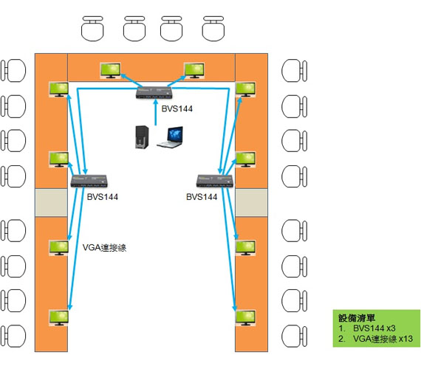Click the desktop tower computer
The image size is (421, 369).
(142, 137)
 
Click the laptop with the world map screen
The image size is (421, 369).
(171, 137)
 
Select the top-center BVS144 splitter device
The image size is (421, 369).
(154, 92)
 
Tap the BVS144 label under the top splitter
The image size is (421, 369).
(177, 108)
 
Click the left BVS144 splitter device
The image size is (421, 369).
(89, 181)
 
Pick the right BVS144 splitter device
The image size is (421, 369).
(215, 181)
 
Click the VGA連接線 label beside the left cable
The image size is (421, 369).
(104, 247)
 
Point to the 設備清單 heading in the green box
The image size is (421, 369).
(357, 318)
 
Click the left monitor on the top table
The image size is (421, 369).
(110, 71)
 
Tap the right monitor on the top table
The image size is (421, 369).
(194, 71)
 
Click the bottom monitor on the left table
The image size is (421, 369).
(59, 318)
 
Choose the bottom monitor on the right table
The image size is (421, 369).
(245, 318)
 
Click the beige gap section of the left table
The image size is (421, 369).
(51, 202)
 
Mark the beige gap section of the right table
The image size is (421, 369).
(251, 202)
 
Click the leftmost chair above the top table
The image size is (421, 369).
(92, 29)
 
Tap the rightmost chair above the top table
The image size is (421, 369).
(213, 29)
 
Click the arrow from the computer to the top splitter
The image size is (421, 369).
(155, 112)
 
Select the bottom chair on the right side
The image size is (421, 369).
(294, 336)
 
